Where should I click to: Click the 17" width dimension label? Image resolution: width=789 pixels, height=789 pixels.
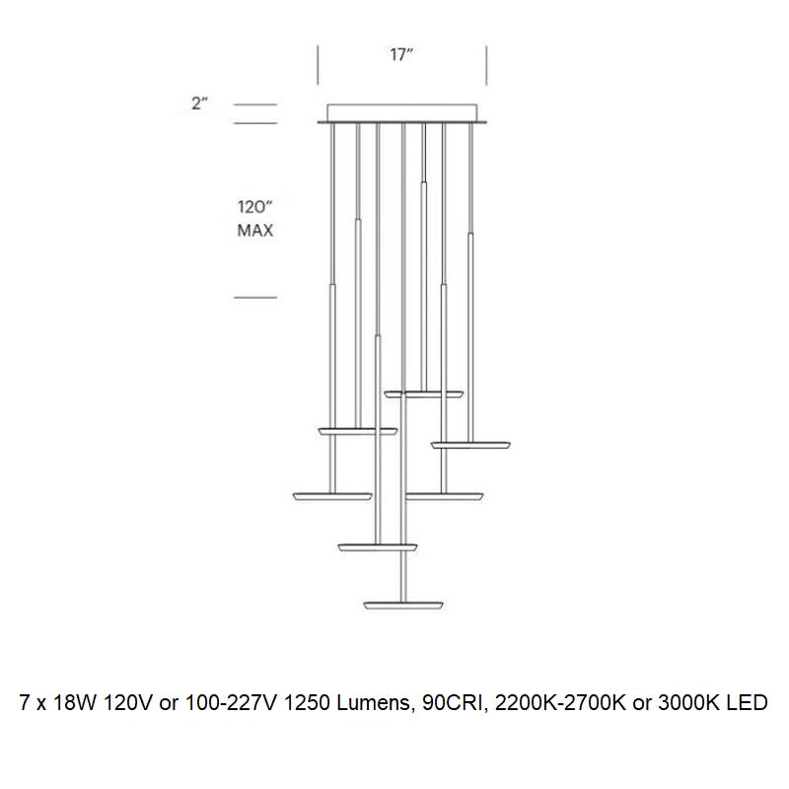click(400, 55)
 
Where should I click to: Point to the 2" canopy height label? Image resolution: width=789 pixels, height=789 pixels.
click(200, 103)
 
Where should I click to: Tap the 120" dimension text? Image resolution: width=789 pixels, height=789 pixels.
click(253, 208)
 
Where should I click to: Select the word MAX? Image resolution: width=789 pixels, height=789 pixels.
click(254, 232)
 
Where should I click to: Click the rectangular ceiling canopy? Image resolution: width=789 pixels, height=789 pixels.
click(401, 113)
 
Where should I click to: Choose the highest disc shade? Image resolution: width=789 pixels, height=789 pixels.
click(423, 394)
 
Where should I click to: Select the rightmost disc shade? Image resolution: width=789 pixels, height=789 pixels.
click(469, 444)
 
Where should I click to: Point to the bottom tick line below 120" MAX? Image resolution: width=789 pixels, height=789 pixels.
click(254, 297)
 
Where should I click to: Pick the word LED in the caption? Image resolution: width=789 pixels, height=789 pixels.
click(747, 704)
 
